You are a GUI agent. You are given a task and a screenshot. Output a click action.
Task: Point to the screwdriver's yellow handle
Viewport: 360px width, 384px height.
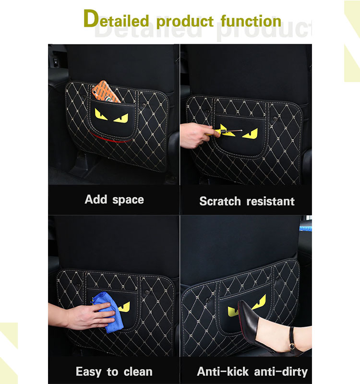click(x=222, y=130)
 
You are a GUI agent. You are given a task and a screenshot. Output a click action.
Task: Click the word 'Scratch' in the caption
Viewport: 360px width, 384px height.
click(x=220, y=201)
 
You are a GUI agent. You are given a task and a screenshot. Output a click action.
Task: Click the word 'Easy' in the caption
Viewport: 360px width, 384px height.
click(x=89, y=372)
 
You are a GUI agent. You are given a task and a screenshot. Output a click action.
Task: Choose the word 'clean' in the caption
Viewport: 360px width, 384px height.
click(x=137, y=372)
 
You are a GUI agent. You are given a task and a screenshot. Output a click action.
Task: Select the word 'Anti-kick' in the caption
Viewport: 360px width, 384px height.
click(x=223, y=372)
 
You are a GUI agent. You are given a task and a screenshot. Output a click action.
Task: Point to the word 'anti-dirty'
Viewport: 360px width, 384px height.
click(x=283, y=372)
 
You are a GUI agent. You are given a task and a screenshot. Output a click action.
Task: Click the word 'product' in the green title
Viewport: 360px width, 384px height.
click(x=185, y=22)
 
